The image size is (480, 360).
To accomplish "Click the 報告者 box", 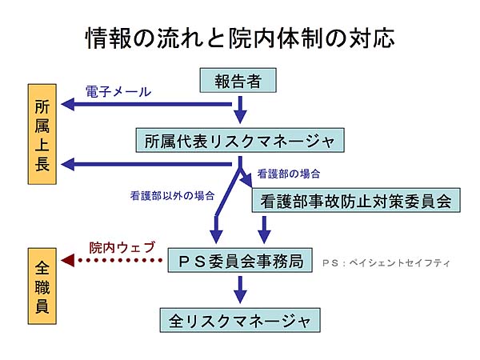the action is tap(238, 81).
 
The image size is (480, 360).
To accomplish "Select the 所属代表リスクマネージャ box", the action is tap(240, 141).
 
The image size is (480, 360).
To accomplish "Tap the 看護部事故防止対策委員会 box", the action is tap(356, 201).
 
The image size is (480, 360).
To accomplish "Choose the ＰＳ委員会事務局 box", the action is tap(240, 261).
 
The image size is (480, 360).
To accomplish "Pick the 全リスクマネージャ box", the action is tap(240, 320).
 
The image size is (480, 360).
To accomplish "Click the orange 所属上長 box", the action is tap(42, 134).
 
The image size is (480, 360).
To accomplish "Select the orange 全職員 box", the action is tap(42, 286).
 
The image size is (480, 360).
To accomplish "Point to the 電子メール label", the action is tap(118, 91).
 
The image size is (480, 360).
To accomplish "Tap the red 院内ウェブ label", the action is tap(122, 247).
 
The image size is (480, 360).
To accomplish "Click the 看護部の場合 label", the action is tap(289, 174).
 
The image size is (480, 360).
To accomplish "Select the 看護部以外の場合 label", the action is tap(172, 196).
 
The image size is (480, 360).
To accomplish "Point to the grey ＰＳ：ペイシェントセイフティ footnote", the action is tap(386, 263).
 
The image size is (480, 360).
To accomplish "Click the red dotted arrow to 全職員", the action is tap(112, 261).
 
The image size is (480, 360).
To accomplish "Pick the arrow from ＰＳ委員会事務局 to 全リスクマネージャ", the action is tap(240, 290).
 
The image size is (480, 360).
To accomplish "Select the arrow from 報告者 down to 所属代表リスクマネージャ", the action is tap(240, 110).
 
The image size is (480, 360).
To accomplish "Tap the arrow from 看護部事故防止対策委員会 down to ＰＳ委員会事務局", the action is tap(264, 230).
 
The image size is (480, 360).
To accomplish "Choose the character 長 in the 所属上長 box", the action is tap(42, 164).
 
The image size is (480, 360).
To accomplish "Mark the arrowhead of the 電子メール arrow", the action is tap(67, 104).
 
